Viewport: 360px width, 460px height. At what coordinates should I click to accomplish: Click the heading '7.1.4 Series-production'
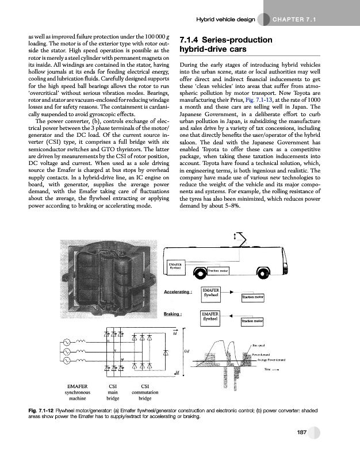point(225,40)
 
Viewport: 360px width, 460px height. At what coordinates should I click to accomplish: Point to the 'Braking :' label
point(173,315)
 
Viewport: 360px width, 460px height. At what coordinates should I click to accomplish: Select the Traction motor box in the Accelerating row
point(252,297)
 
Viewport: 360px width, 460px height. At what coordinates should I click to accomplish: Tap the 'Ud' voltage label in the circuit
point(186,351)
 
